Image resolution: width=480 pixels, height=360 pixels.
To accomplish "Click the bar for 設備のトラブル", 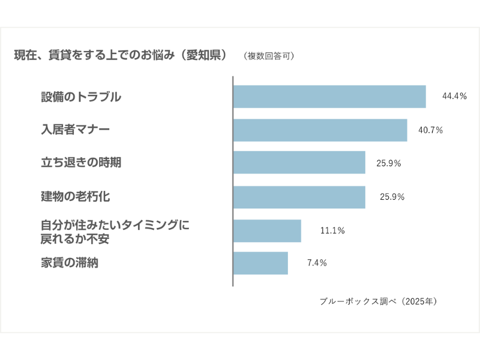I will (329, 97).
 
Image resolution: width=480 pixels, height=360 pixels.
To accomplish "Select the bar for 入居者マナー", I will (320, 130).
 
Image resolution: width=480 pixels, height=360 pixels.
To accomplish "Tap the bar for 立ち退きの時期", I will (299, 163).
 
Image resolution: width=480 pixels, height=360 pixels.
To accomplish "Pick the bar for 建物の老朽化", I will (299, 197).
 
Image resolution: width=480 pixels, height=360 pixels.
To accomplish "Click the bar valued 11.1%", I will (267, 230).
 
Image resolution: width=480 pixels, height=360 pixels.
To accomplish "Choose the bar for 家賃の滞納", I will (260, 263).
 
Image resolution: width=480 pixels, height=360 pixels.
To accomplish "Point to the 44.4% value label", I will (454, 96).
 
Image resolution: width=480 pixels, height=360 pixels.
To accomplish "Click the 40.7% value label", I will (430, 130).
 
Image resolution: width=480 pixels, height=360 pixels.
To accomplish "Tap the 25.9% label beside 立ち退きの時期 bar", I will (388, 163).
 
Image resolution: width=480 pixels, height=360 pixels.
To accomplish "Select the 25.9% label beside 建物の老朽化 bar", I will (392, 197).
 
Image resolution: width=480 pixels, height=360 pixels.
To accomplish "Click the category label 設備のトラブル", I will (81, 97).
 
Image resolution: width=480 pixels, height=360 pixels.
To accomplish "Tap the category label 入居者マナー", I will (75, 130).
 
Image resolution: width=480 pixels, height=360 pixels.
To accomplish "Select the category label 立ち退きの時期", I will (81, 163).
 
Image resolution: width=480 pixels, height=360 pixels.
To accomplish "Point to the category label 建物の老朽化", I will (75, 196).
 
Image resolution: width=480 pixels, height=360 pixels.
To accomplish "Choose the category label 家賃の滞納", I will (69, 262).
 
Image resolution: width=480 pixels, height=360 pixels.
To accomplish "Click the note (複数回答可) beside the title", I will (269, 56).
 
